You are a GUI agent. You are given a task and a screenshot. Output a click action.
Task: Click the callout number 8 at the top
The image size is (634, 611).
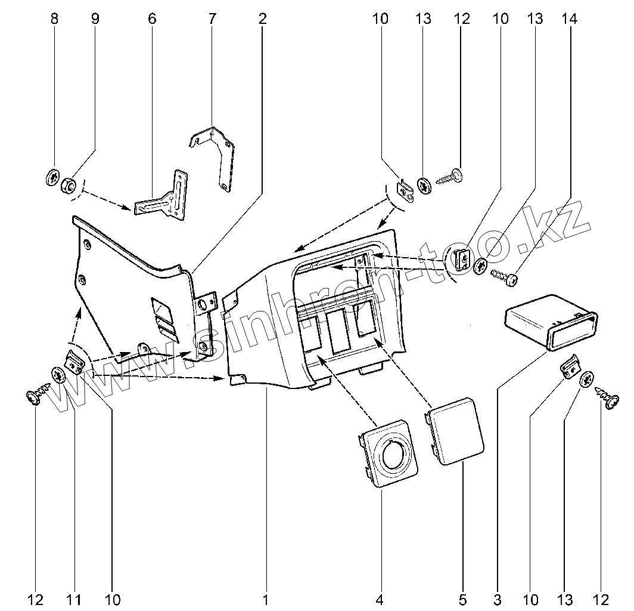pyautogui.click(x=55, y=18)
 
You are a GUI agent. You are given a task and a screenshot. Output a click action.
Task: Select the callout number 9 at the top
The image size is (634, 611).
pyautogui.click(x=95, y=18)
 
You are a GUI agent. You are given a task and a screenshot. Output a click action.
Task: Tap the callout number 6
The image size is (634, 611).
pyautogui.click(x=152, y=18)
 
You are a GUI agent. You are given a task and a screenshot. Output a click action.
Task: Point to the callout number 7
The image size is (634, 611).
pyautogui.click(x=212, y=18)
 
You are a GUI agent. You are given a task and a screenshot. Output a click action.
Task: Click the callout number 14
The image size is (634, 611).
pyautogui.click(x=570, y=18)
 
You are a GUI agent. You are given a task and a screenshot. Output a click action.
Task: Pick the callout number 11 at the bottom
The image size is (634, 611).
pyautogui.click(x=75, y=598)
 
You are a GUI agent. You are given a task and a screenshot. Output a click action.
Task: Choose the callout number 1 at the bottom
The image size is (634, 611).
pyautogui.click(x=266, y=598)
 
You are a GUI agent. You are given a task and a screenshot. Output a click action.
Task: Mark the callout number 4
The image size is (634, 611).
pyautogui.click(x=379, y=598)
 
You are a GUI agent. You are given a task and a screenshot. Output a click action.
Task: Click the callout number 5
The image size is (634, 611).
pyautogui.click(x=462, y=598)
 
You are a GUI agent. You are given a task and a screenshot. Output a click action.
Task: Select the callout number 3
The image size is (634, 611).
pyautogui.click(x=497, y=598)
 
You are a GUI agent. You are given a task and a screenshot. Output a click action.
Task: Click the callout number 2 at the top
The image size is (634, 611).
pyautogui.click(x=262, y=18)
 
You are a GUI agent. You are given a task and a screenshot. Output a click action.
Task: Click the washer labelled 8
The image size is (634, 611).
pyautogui.click(x=52, y=178)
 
